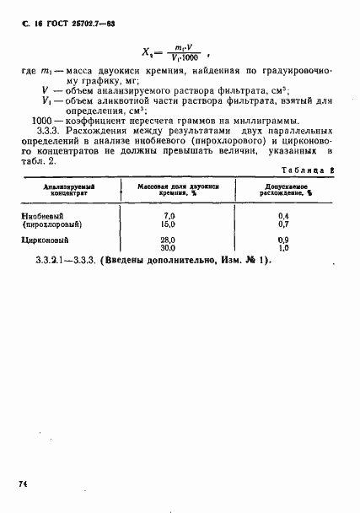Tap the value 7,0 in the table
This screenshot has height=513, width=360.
coord(168,217)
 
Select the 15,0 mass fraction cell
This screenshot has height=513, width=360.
coord(168,225)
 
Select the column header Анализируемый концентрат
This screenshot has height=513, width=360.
coord(63,190)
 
